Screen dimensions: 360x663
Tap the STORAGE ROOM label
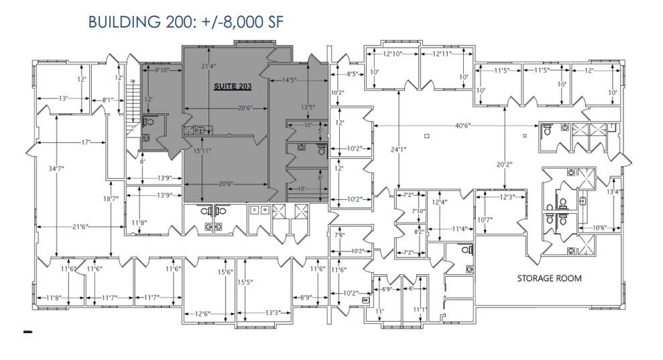coord(548,278)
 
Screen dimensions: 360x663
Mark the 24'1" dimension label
coord(400,149)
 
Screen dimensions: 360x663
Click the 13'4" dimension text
coord(613,192)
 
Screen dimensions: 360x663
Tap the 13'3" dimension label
coord(272,312)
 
